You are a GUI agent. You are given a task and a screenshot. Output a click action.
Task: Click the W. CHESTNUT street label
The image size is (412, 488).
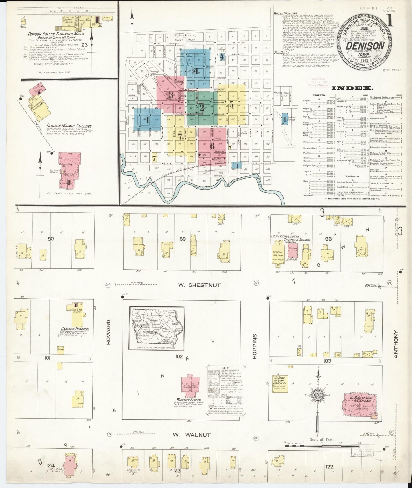pos(200,285)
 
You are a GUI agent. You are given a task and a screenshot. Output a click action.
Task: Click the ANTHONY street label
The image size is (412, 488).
pos(395,344)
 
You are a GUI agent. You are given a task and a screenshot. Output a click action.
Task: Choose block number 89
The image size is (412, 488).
pos(183,239)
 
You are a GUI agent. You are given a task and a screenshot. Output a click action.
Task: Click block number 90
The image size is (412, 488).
pos(50,239)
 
